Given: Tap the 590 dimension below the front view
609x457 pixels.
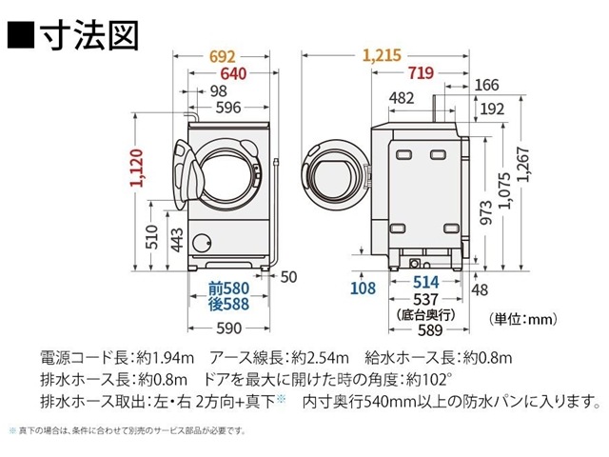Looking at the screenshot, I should pos(228,328).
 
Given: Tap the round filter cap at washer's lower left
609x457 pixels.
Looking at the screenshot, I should pos(202,240).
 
